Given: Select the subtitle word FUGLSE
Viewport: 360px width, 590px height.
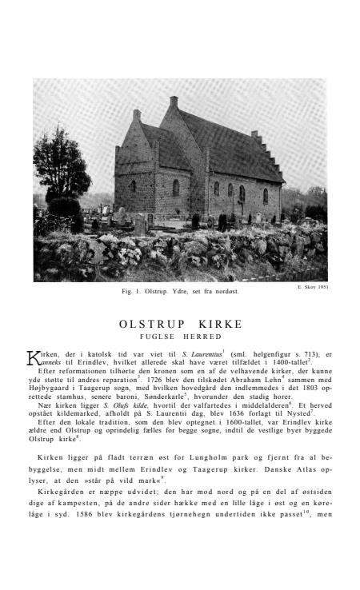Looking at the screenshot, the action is click(160, 337).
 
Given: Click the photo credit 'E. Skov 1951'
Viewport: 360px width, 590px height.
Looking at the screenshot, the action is click(312, 286).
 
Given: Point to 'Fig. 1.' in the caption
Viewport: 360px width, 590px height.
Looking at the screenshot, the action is click(130, 291).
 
